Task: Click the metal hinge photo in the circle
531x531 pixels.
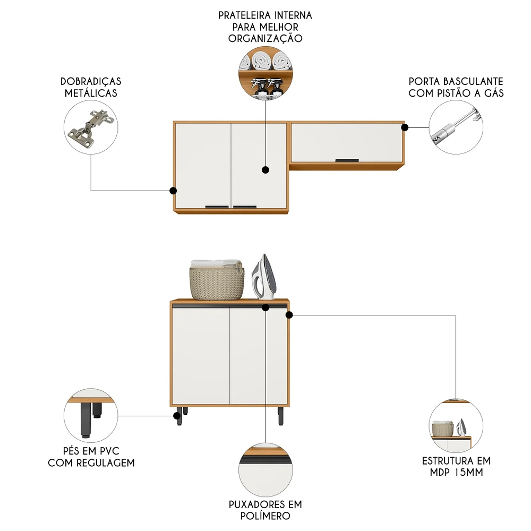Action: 90,128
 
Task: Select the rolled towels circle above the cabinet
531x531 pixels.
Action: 265,74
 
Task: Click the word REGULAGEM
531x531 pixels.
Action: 106,463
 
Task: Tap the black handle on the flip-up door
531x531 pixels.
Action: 348,160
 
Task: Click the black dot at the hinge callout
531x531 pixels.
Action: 173,191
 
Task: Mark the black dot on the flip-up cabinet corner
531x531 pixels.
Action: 405,127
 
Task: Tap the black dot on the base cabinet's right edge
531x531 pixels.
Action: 289,315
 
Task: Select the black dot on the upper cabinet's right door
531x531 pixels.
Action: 265,170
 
